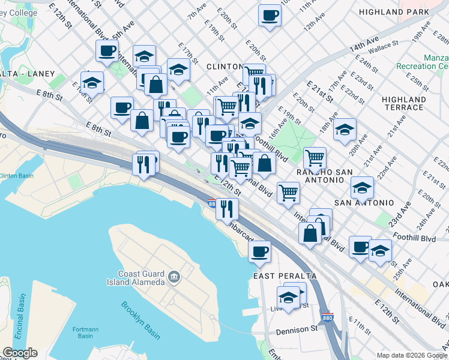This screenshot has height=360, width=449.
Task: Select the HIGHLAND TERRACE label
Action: click(x=404, y=103)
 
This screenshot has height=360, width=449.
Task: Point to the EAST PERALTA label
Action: click(x=285, y=276)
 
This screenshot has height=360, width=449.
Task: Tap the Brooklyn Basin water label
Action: click(x=140, y=313)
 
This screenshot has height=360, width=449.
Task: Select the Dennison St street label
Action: click(x=297, y=330)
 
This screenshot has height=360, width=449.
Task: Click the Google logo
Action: click(x=20, y=353)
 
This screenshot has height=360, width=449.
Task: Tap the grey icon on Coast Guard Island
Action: click(x=174, y=277)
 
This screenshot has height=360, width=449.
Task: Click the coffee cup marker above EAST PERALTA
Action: click(x=260, y=252)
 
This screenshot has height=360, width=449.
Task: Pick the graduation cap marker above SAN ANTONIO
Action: click(x=362, y=188)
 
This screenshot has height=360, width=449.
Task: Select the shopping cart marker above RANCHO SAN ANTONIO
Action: click(x=315, y=158)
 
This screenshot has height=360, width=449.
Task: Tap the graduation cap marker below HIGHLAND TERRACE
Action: click(x=345, y=130)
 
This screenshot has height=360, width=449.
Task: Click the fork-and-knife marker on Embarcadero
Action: click(x=227, y=208)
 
